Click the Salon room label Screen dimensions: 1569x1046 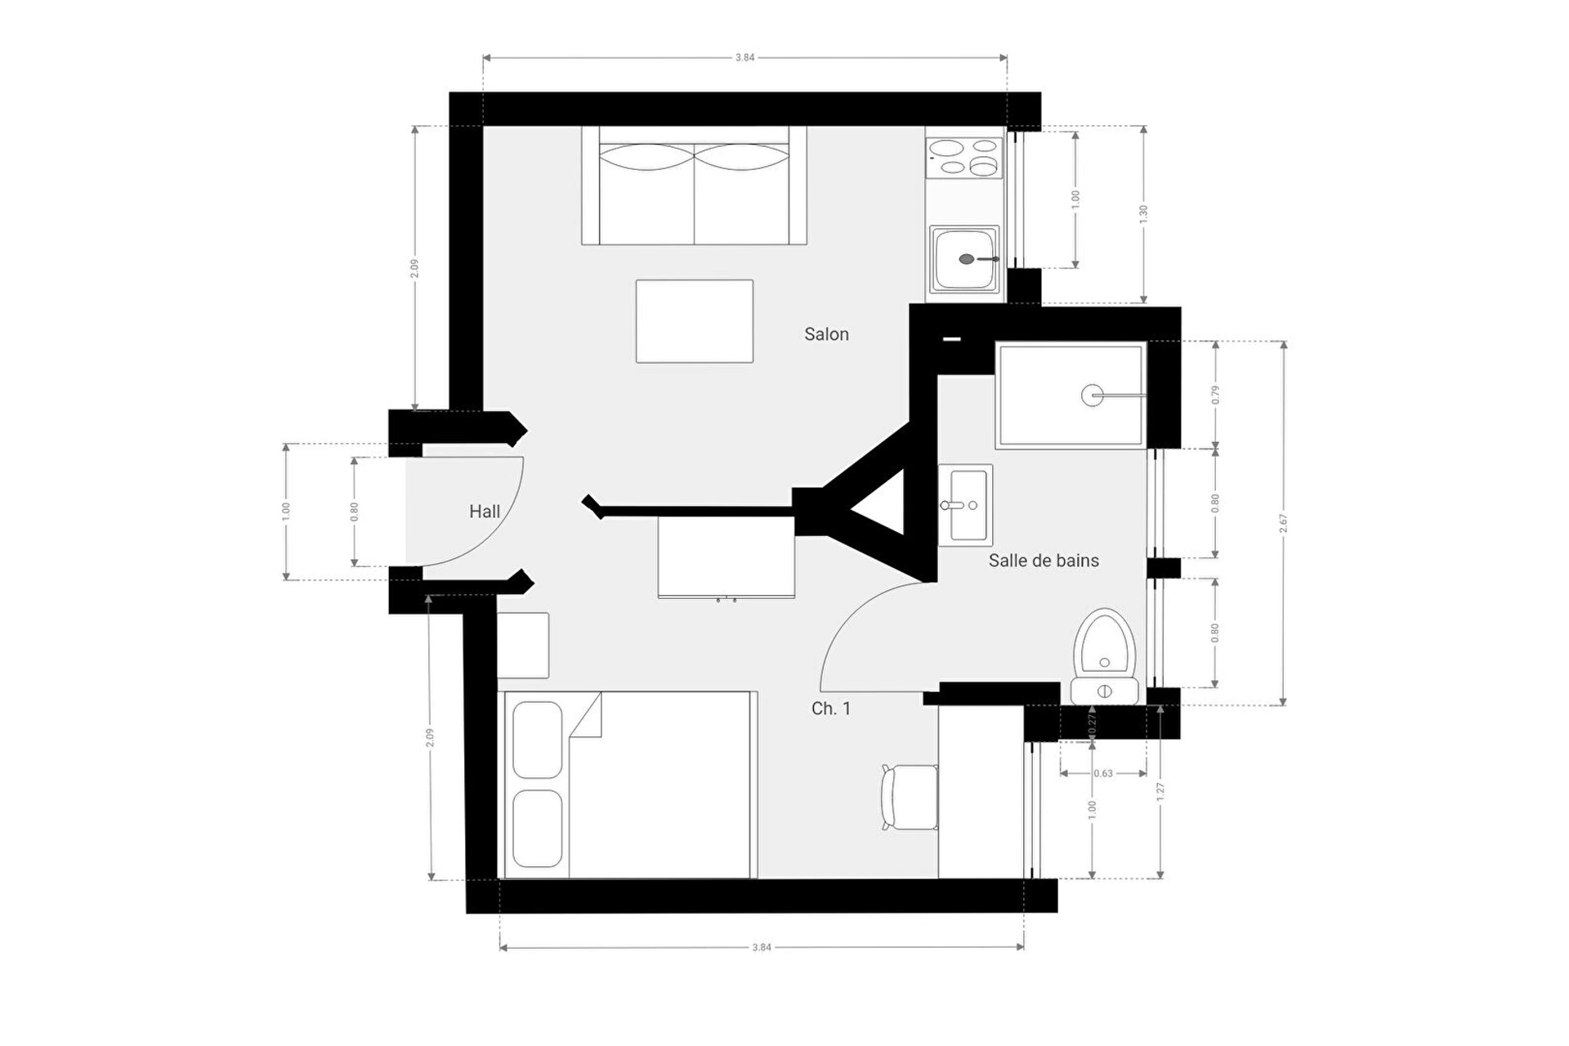pos(826,334)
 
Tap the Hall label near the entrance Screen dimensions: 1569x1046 pos(485,512)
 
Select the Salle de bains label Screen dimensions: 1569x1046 pos(1044,561)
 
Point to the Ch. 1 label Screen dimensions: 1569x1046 pos(831,709)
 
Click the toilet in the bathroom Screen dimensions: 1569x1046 pos(1105,656)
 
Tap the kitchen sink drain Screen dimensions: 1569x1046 pos(967,259)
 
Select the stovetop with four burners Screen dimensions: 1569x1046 pos(964,158)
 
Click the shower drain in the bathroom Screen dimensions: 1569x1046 pos(1093,396)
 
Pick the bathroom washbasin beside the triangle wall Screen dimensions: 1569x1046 pos(965,505)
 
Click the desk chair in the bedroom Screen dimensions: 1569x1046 pos(910,797)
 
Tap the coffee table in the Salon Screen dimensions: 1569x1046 pos(695,321)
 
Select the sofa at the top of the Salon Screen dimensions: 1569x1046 pos(694,186)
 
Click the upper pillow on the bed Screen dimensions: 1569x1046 pos(537,740)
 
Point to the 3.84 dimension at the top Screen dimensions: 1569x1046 pos(744,58)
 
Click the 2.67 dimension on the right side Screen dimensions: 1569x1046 pos(1283,523)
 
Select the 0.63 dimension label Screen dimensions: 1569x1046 pos(1103,773)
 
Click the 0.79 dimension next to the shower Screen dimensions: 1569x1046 pos(1215,395)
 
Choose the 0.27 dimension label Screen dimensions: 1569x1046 pos(1092,724)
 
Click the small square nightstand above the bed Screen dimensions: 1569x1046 pos(523,646)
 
